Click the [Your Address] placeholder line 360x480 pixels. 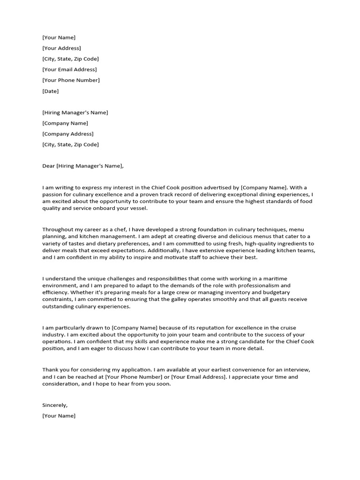click(x=61, y=48)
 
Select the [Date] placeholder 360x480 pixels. click(x=51, y=91)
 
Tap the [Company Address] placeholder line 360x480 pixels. click(x=67, y=134)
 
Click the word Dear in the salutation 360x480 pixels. click(x=48, y=166)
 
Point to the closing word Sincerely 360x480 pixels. click(x=55, y=405)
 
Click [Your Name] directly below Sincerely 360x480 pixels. click(x=59, y=416)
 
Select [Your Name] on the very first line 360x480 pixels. click(x=59, y=37)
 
